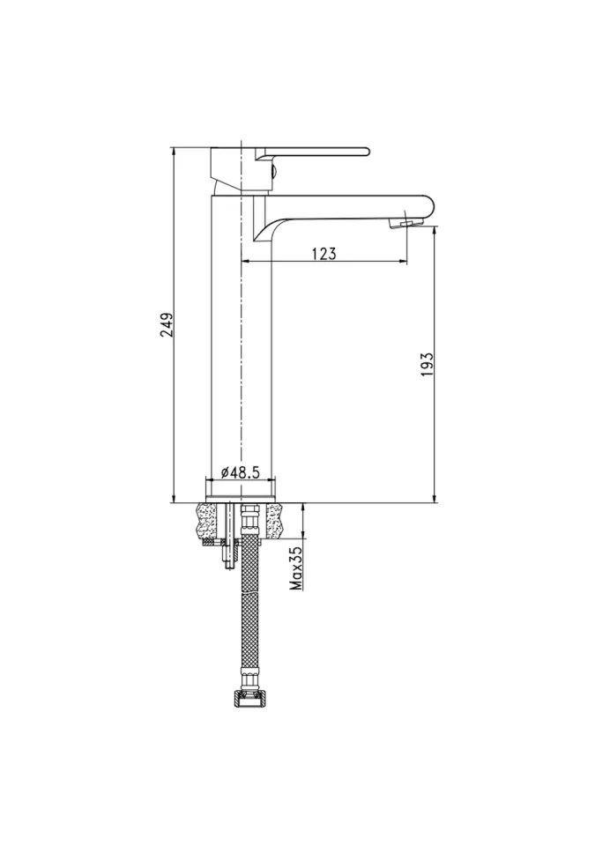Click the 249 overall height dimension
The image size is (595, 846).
point(167,325)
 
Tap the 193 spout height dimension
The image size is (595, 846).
point(428,365)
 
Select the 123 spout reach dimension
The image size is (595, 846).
point(324,253)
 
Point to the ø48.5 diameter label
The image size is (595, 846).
point(241,472)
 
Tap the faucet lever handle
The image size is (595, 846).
point(312,152)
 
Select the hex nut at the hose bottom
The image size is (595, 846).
point(248,699)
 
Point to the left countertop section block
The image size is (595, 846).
point(208,521)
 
